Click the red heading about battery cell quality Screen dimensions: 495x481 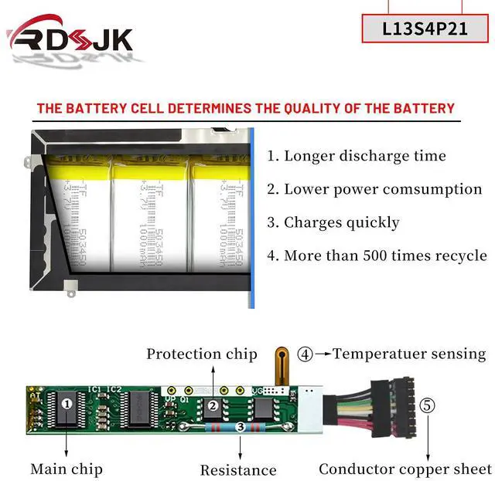(246, 108)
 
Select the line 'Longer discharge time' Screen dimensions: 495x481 (357, 156)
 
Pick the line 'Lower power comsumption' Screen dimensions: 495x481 (375, 189)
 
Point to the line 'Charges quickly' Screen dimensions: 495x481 (333, 222)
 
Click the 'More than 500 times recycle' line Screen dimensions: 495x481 (377, 256)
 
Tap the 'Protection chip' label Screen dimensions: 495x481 (202, 354)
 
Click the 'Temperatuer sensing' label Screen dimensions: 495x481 (409, 354)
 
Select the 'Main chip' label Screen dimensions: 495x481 (67, 469)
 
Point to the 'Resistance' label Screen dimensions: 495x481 (238, 469)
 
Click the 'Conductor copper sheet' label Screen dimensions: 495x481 (405, 469)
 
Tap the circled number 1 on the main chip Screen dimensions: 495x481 (67, 403)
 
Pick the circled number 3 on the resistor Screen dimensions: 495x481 (241, 426)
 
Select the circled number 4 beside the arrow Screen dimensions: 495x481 (305, 354)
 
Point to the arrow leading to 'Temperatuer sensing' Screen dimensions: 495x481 (323, 354)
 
